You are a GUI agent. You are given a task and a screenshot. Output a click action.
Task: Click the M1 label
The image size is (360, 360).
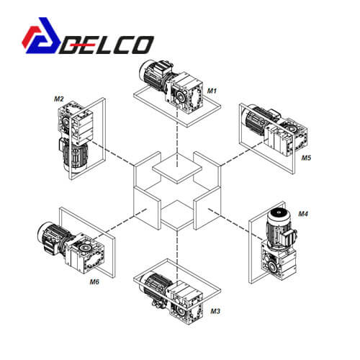212,91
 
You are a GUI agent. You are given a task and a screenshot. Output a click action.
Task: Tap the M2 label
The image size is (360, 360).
59,99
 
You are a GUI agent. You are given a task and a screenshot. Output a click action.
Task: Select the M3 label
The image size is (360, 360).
215,311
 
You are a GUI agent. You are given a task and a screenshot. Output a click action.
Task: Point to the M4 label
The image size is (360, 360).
303,214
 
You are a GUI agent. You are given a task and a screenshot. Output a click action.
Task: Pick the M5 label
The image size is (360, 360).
306,158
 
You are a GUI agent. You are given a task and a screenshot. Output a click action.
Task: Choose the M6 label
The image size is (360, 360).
94,282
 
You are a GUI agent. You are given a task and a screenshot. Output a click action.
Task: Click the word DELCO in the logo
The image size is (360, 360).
107,45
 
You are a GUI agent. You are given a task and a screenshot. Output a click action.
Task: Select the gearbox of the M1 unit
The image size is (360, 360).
185,92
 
